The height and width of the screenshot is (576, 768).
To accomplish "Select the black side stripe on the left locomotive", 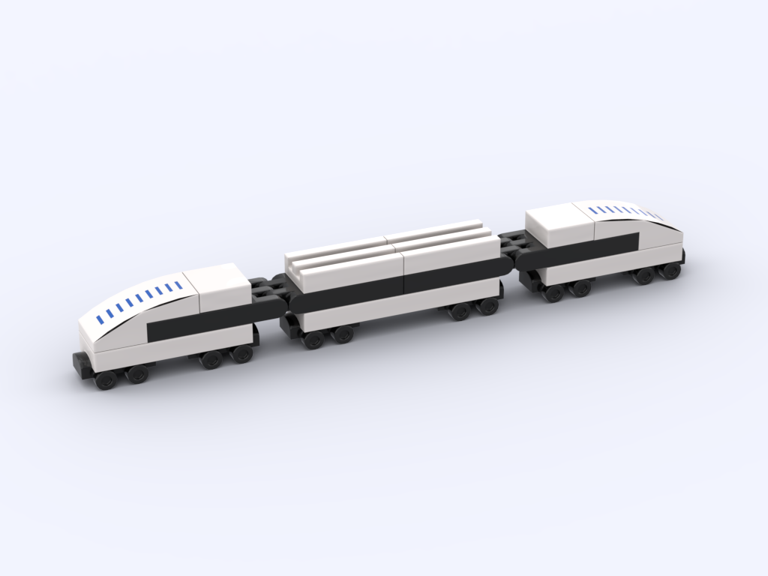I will pyautogui.click(x=199, y=322).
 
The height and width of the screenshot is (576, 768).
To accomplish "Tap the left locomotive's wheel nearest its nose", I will pyautogui.click(x=106, y=380).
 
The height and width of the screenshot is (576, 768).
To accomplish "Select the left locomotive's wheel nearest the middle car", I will pyautogui.click(x=241, y=354).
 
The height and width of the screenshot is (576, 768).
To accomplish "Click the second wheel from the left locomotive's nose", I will pyautogui.click(x=137, y=373).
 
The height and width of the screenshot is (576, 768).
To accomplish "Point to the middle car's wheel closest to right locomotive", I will pyautogui.click(x=489, y=305).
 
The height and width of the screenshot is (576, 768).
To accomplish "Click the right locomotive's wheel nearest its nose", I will pyautogui.click(x=670, y=270).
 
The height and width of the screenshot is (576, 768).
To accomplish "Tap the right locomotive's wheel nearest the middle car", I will pyautogui.click(x=553, y=293).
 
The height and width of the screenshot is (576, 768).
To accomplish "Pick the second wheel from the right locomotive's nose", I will pyautogui.click(x=643, y=275).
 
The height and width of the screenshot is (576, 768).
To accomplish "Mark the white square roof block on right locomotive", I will pyautogui.click(x=559, y=223).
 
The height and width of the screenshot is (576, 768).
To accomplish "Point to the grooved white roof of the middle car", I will pyautogui.click(x=390, y=247).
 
